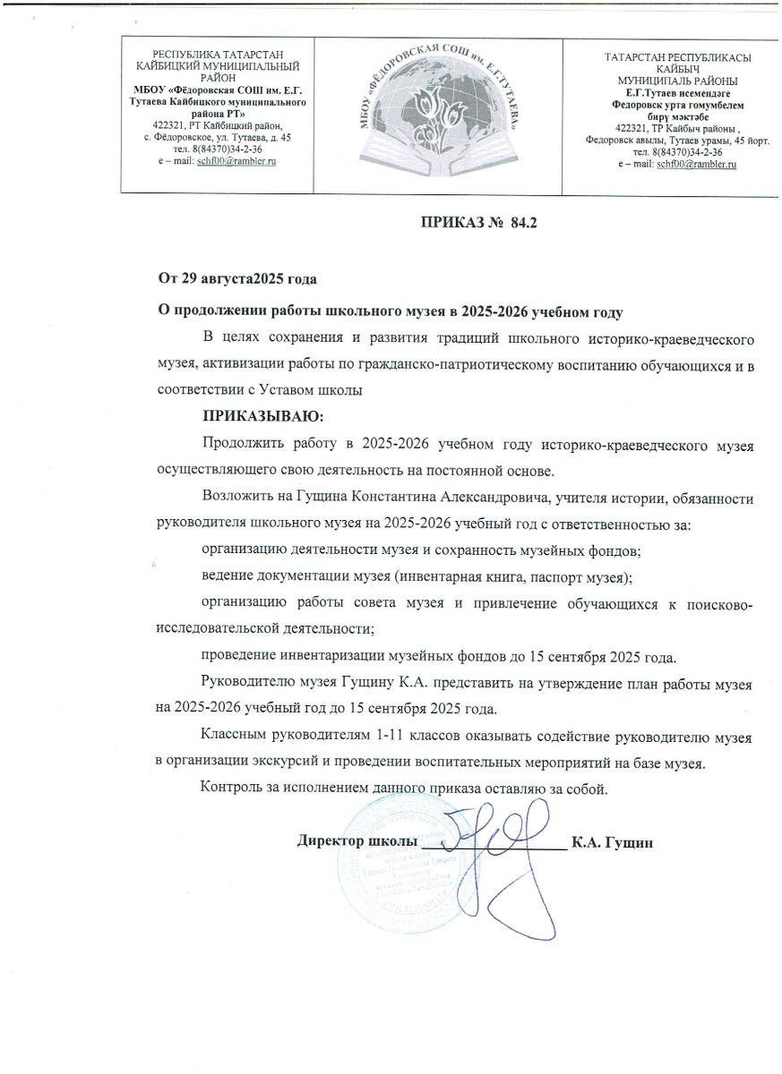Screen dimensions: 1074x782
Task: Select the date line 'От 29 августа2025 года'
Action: pos(237,279)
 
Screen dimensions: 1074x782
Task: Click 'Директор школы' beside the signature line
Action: pos(357,842)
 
